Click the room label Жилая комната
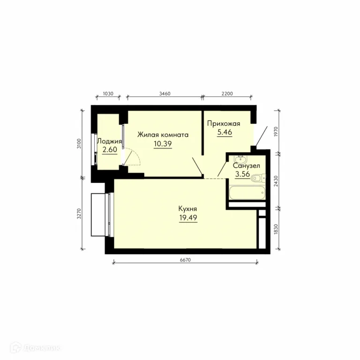(163, 135)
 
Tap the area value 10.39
(163, 144)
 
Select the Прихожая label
(224, 124)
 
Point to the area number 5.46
(225, 132)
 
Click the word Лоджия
(110, 141)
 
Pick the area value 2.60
(110, 150)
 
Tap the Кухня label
(187, 209)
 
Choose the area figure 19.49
(188, 217)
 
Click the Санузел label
(247, 165)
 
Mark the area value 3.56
(242, 174)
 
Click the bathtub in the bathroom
(247, 192)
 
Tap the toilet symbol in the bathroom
(258, 178)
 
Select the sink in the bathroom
(240, 158)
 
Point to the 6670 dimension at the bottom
(185, 260)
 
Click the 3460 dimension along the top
(165, 93)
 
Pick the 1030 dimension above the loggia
(108, 93)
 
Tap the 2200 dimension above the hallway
(227, 93)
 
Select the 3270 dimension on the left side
(79, 214)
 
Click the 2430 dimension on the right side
(276, 181)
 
